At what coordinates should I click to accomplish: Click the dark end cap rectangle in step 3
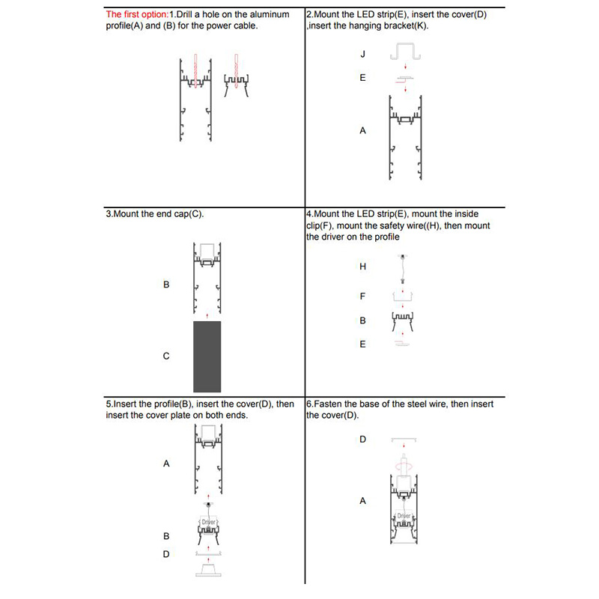[x=207, y=356]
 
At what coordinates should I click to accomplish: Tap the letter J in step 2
[x=362, y=55]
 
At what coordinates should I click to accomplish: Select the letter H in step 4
[x=362, y=267]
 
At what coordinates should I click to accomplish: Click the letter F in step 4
[x=362, y=297]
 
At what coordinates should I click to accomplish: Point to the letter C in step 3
[x=166, y=356]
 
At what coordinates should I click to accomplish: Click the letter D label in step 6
[x=362, y=440]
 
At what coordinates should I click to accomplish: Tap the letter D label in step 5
[x=166, y=554]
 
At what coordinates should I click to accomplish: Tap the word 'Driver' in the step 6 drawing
[x=404, y=516]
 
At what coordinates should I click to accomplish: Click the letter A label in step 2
[x=362, y=130]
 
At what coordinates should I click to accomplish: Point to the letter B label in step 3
[x=166, y=285]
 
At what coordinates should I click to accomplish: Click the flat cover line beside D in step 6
[x=404, y=440]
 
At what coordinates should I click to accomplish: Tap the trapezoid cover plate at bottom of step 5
[x=207, y=571]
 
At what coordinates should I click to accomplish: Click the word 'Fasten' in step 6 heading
[x=331, y=404]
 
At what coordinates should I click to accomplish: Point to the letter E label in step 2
[x=362, y=78]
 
